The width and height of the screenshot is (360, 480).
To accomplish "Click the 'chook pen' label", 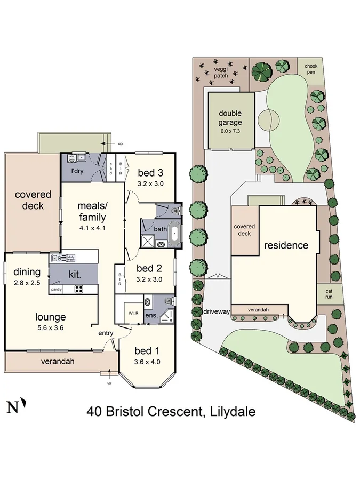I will tap(310, 70).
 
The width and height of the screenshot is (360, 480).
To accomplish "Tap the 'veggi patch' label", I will tap(221, 72).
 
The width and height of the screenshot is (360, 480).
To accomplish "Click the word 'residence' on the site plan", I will tap(286, 245).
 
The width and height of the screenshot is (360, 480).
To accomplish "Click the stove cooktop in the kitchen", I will tap(78, 290).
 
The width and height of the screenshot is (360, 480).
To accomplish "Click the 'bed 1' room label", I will tap(147, 351).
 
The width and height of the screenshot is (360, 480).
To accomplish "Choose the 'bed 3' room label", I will tap(150, 172).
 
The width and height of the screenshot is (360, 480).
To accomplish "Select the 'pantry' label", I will tap(57, 290).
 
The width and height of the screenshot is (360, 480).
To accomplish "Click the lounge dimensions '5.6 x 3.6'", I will tap(51, 328).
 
